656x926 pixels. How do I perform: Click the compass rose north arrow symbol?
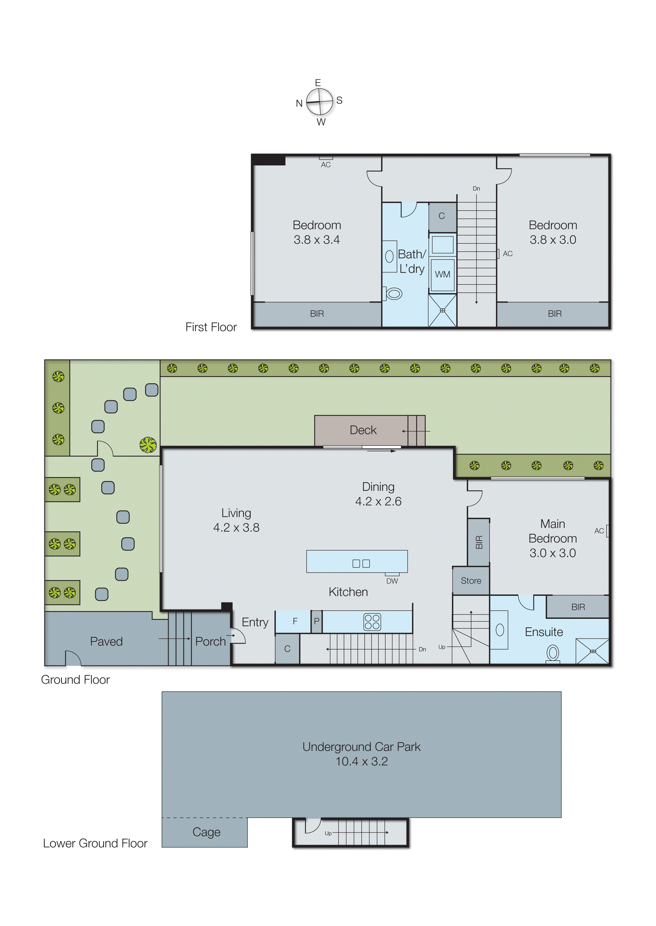click(x=319, y=102)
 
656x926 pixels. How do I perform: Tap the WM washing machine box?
click(x=442, y=275)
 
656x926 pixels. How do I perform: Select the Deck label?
click(x=363, y=430)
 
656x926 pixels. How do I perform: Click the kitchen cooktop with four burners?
click(x=372, y=622)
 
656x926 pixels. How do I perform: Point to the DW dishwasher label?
click(x=392, y=581)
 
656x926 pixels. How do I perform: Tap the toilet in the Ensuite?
click(x=553, y=653)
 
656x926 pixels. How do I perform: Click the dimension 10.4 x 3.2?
click(x=361, y=762)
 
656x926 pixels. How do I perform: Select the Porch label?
click(x=210, y=641)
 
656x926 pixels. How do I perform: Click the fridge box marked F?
click(x=295, y=621)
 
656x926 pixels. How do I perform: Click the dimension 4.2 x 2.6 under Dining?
click(x=378, y=502)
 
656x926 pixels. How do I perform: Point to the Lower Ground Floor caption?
click(x=95, y=843)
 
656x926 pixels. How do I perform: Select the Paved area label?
click(x=106, y=641)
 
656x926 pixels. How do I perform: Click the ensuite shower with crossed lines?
click(x=592, y=651)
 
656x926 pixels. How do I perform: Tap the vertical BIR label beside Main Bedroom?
click(x=479, y=542)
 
